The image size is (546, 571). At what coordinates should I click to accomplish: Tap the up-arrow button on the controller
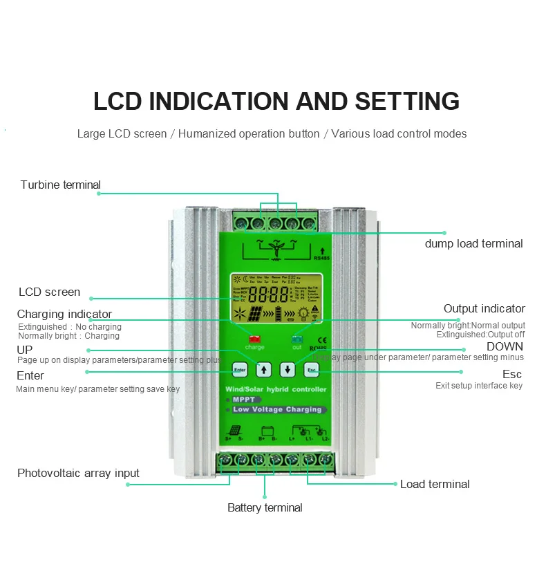(x=263, y=369)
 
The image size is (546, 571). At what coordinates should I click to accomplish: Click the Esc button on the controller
(x=310, y=369)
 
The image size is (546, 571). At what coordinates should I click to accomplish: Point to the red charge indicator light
(x=255, y=339)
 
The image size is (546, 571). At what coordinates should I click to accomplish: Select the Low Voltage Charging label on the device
(x=277, y=409)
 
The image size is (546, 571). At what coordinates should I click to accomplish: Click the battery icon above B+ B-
(x=267, y=431)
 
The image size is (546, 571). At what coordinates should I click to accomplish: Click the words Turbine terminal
(x=60, y=185)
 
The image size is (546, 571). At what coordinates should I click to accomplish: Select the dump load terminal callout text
(x=473, y=243)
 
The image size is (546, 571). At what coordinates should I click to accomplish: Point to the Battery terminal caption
(x=265, y=507)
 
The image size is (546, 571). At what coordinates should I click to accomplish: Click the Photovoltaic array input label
(x=78, y=473)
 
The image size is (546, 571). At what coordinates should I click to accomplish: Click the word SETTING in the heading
(x=407, y=101)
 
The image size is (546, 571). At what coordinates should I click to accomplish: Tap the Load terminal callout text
(x=435, y=484)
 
